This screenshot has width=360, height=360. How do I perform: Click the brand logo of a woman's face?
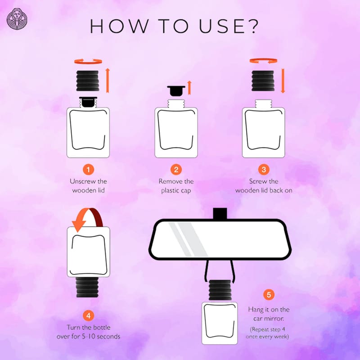(x=17, y=19)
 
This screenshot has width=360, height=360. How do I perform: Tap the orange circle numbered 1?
(x=88, y=170)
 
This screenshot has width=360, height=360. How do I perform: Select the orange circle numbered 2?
(x=176, y=170)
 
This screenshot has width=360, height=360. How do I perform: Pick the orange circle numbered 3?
(x=264, y=170)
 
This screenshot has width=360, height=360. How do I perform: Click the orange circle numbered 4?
(x=88, y=316)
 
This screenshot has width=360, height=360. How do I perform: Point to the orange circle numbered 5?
(x=269, y=295)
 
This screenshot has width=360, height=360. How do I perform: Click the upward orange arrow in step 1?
(x=108, y=81)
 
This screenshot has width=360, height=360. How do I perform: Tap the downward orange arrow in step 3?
(x=283, y=81)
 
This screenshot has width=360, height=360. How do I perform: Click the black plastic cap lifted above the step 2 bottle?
(x=176, y=91)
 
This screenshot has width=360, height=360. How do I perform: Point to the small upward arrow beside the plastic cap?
(x=189, y=88)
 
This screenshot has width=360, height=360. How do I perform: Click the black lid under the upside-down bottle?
(x=87, y=287)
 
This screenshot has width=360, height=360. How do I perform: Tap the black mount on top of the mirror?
(x=220, y=214)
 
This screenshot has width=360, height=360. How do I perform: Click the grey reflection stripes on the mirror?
(x=188, y=239)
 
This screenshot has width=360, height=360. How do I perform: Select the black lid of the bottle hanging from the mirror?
(x=220, y=290)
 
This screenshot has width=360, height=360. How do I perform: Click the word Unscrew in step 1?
(x=79, y=181)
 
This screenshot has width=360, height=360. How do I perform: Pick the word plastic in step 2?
(x=170, y=191)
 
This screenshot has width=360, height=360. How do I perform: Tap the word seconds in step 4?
(x=108, y=337)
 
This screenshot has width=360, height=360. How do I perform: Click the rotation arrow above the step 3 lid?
(x=263, y=61)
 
